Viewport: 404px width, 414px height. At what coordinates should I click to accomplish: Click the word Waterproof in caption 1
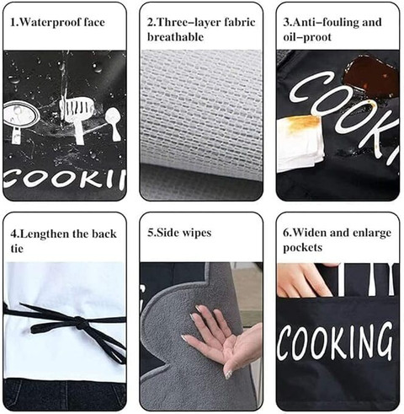[51, 23]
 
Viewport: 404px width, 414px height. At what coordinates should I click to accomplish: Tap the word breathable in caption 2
[175, 37]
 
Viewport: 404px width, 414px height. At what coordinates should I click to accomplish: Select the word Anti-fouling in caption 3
[325, 22]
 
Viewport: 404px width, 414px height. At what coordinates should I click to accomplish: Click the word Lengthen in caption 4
[44, 234]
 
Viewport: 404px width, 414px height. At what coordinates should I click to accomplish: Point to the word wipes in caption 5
[197, 233]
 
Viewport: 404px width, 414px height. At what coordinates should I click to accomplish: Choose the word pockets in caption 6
[302, 248]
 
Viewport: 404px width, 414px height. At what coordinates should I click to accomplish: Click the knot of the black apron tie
[79, 321]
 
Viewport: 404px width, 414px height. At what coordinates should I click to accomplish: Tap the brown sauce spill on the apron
[370, 73]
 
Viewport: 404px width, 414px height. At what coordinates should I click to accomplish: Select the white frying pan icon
[21, 117]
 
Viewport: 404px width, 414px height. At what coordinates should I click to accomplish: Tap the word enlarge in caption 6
[372, 234]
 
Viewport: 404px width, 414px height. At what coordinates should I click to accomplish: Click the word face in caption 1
[94, 23]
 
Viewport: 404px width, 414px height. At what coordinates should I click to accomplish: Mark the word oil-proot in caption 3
[307, 37]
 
